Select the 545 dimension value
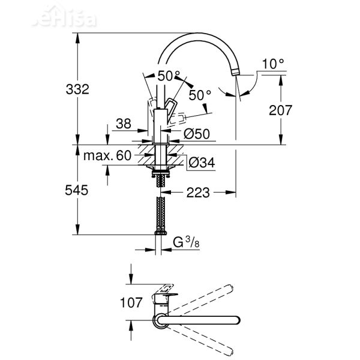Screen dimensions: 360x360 77,190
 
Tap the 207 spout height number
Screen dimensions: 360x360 280,110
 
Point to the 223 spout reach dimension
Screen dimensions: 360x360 197,193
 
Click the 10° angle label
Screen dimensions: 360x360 272,63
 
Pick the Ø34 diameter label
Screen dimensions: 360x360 202,161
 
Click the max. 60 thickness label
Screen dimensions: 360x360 107,155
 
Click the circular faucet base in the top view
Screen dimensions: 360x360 161,322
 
